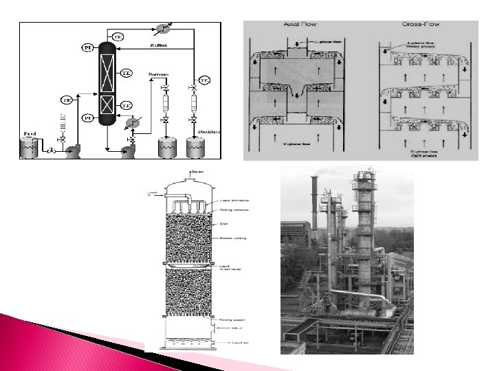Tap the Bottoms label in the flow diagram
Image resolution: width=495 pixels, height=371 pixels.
pos(159,73)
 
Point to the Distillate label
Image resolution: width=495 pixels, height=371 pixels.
pos(209,131)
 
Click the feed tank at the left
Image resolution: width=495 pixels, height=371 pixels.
pos(29,148)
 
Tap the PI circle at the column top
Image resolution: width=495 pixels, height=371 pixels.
pos(88,48)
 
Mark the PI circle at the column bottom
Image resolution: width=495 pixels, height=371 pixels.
pos(88,118)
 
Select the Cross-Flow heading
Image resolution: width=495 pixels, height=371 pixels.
pos(420,25)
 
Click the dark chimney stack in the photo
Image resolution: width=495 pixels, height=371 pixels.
pos(316,196)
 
